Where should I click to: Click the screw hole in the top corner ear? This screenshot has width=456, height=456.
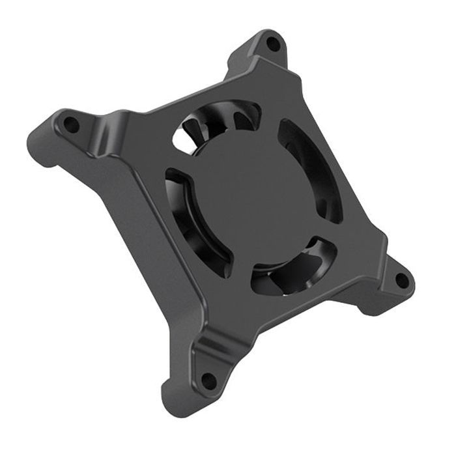tap(272, 44)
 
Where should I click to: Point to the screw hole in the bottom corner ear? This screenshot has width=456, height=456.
tap(208, 380)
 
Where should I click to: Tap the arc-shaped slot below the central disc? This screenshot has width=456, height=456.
tap(293, 267)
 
